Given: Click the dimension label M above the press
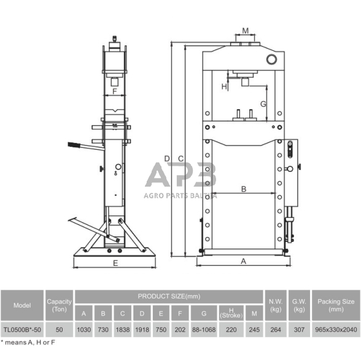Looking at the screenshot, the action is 246,31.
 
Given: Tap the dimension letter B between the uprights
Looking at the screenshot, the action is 244,189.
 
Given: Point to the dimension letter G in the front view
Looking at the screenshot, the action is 263,104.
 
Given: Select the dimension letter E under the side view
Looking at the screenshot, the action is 115,263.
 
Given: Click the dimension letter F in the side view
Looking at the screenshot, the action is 115,91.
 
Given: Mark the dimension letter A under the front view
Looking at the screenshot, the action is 243,262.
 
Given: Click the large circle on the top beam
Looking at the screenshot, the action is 271,59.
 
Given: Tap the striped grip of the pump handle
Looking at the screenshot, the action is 74,145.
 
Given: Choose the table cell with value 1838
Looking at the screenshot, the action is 123,330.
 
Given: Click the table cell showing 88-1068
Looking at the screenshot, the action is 204,330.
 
